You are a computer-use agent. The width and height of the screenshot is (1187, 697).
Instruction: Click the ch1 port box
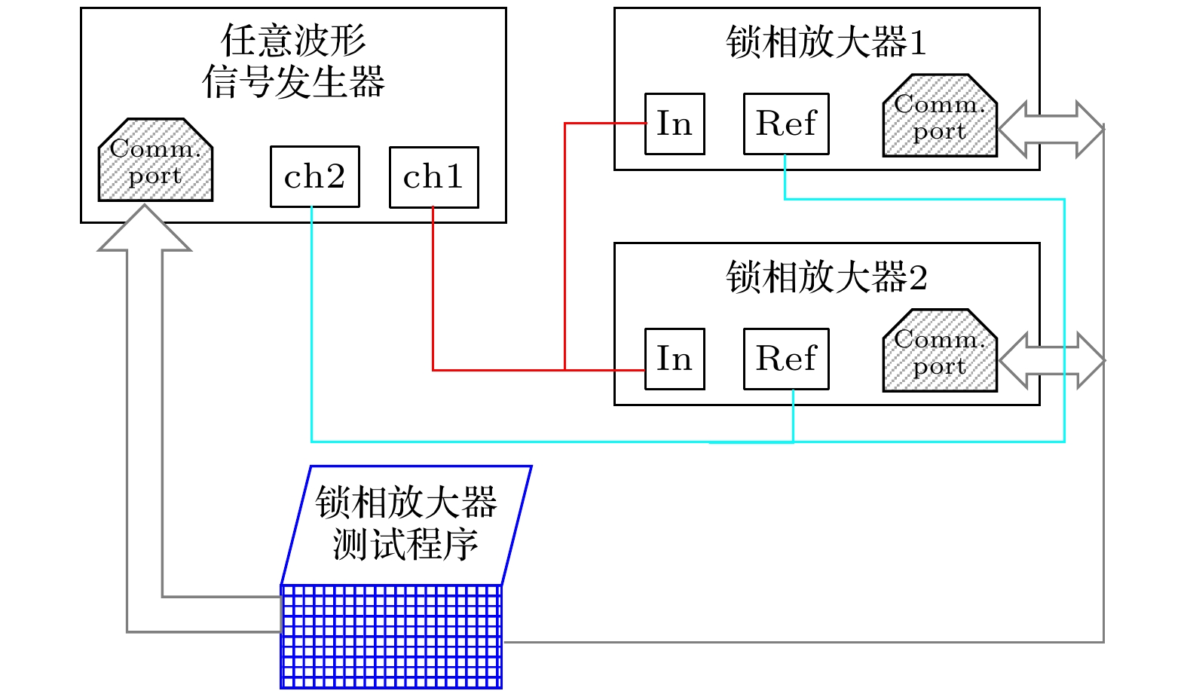[x=433, y=177]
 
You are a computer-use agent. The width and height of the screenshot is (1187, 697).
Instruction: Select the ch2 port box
[x=314, y=177]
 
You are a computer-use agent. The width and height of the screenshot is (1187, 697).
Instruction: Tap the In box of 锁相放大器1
[x=675, y=124]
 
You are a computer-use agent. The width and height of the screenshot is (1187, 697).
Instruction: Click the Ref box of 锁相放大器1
[x=786, y=124]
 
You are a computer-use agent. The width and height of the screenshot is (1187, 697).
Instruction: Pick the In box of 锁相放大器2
[x=675, y=359]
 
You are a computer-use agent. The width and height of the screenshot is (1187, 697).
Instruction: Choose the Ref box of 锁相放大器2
[x=786, y=359]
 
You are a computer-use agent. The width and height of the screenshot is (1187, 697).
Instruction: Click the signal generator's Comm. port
[x=155, y=161]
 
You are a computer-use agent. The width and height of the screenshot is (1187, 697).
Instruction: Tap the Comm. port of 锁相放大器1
[x=940, y=117]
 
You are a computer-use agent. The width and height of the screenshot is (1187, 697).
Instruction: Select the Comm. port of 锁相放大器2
[x=940, y=352]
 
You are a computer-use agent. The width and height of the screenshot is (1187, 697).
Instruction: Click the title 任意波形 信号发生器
[x=293, y=61]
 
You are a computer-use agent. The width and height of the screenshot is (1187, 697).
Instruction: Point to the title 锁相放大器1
[x=826, y=42]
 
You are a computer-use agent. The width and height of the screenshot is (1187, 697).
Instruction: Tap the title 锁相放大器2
[x=826, y=277]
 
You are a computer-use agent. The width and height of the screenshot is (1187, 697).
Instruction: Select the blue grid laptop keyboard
[x=390, y=637]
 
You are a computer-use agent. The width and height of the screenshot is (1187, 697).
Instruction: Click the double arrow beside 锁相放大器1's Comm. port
[x=1051, y=129]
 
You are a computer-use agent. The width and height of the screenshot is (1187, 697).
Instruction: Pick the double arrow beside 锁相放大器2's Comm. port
[x=1051, y=360]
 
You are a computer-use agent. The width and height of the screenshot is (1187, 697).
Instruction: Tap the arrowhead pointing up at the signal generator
[x=144, y=229]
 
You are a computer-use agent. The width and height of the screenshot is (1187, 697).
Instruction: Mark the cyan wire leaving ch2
[x=312, y=324]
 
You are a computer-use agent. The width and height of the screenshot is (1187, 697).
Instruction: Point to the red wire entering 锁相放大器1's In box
[x=603, y=123]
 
